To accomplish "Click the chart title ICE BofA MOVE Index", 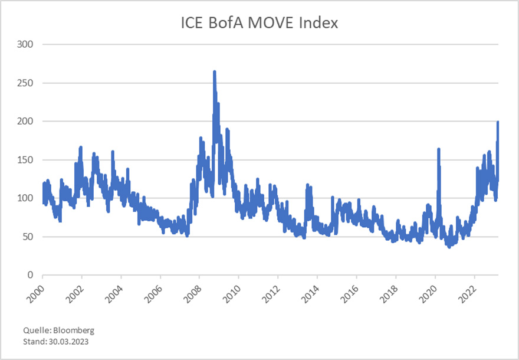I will click(x=259, y=23).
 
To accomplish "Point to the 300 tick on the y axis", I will click(x=25, y=45).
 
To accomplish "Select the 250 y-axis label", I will click(x=25, y=83).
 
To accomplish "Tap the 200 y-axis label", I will click(x=25, y=122).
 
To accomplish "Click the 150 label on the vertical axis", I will click(x=25, y=160).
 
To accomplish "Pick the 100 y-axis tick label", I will click(x=25, y=198).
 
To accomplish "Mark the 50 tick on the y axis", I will click(x=27, y=237).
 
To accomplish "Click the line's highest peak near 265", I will click(x=214, y=72).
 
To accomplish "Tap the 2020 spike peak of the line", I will click(x=438, y=149).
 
